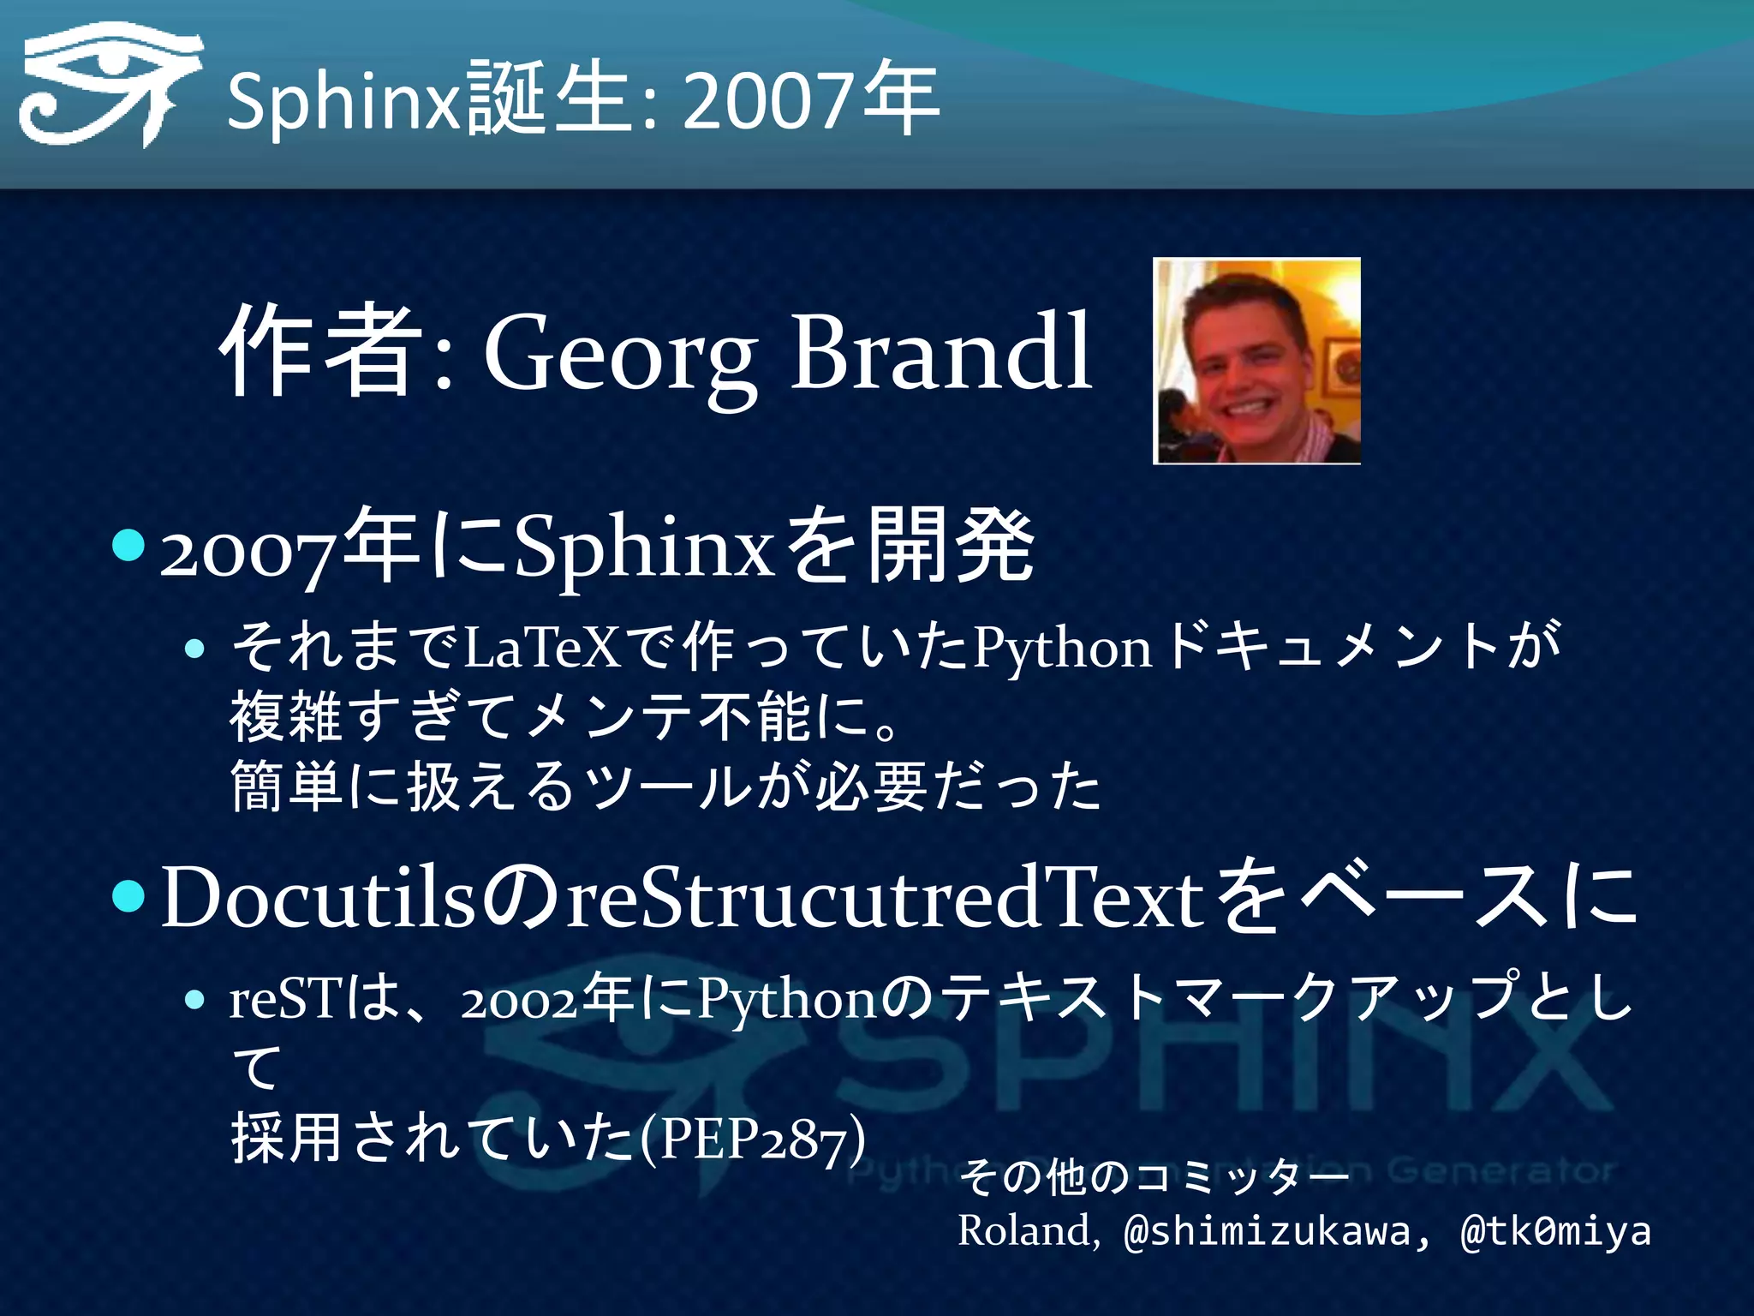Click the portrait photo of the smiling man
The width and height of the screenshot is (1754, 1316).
(1256, 361)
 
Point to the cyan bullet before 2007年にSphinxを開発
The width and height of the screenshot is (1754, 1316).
(129, 545)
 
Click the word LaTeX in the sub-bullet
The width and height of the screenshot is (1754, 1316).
(541, 647)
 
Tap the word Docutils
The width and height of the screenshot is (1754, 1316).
(317, 897)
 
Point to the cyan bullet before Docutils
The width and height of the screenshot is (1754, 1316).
(129, 896)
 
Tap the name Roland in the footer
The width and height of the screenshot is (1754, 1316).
(1026, 1230)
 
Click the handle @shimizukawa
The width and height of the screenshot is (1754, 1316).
(1266, 1232)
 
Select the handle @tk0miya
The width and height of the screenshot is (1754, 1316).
(1555, 1232)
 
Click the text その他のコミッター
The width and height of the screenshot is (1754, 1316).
(1153, 1176)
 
